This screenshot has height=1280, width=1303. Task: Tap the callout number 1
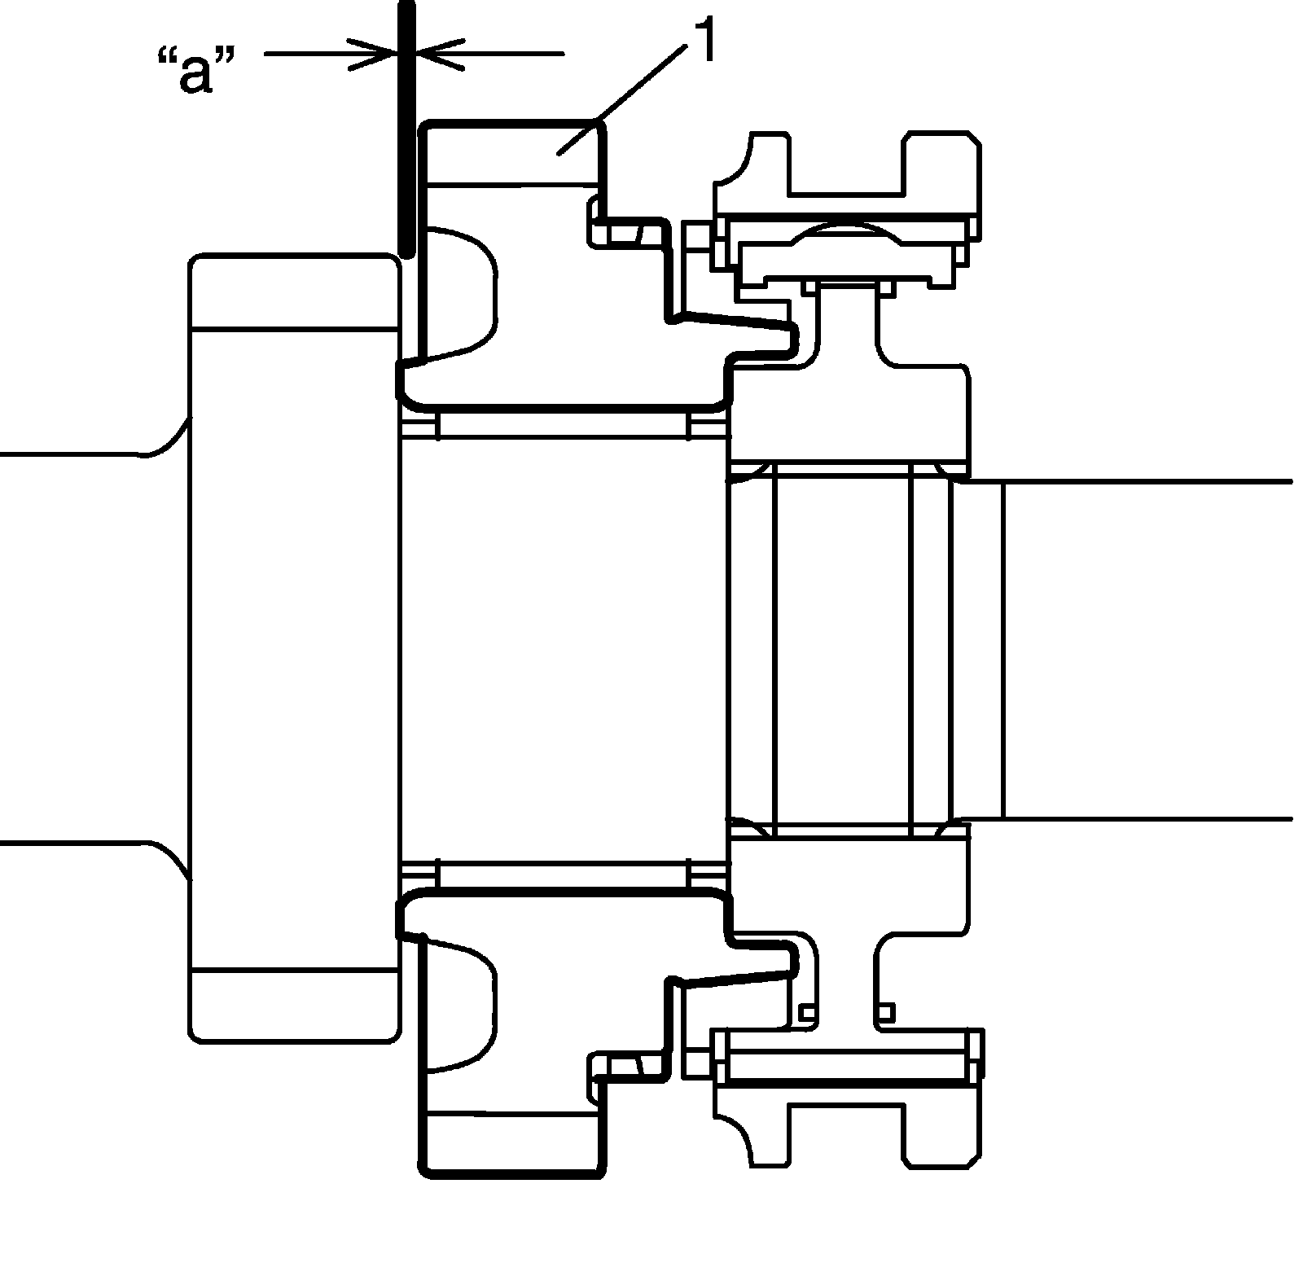[703, 42]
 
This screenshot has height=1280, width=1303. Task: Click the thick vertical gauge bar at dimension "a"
[406, 130]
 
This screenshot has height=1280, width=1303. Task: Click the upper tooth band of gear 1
[513, 154]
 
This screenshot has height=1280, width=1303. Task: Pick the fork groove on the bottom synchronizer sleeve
[847, 1132]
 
